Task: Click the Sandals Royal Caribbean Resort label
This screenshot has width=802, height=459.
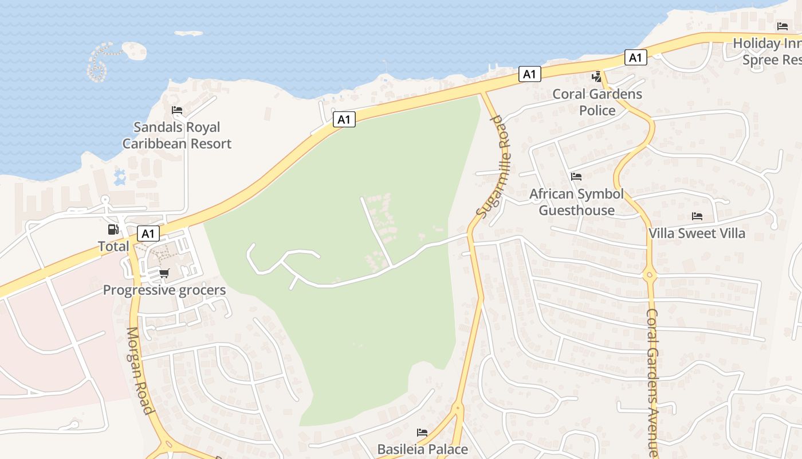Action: click(x=176, y=135)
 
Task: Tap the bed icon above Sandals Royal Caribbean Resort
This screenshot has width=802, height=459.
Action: click(x=177, y=110)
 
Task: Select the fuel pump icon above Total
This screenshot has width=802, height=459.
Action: click(x=113, y=229)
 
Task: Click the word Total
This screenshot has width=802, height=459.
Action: click(x=113, y=247)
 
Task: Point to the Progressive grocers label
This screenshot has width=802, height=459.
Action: click(x=164, y=290)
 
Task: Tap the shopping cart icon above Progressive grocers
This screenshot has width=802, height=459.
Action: click(x=164, y=274)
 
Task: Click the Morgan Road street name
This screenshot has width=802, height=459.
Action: click(x=140, y=370)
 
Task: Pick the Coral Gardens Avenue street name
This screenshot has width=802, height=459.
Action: click(x=654, y=382)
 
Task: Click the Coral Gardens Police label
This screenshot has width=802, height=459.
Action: click(x=597, y=102)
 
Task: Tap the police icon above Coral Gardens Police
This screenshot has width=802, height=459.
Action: click(x=597, y=76)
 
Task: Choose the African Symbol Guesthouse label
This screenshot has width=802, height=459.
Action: click(x=576, y=202)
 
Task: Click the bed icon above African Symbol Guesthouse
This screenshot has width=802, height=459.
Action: click(x=576, y=177)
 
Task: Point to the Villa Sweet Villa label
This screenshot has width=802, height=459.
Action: click(x=697, y=234)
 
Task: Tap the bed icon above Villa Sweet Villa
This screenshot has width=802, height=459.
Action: click(x=697, y=216)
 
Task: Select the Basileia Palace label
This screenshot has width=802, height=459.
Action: click(x=422, y=449)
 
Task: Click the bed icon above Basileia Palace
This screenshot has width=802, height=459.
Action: click(x=422, y=432)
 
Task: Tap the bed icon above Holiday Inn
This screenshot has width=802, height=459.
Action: click(x=783, y=26)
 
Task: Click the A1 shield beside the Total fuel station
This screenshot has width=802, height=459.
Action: click(x=148, y=234)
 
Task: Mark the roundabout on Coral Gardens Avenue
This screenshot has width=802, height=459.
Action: click(x=649, y=275)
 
